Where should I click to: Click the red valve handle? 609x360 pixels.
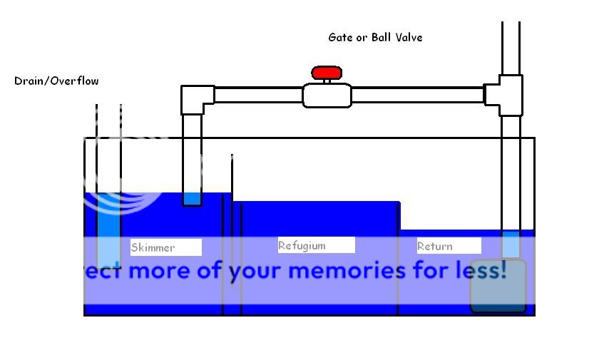click(327, 73)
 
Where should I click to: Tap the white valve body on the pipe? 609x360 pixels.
click(327, 96)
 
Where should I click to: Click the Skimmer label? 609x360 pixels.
click(165, 247)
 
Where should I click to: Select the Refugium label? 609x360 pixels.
click(316, 245)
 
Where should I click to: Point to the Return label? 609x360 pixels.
click(449, 246)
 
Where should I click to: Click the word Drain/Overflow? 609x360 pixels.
click(56, 81)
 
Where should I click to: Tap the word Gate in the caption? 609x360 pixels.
click(341, 37)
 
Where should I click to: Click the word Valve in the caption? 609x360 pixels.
click(409, 37)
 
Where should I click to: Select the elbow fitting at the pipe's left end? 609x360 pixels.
click(195, 99)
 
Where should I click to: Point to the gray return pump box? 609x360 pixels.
click(498, 287)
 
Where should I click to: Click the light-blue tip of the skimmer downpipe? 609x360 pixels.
click(192, 199)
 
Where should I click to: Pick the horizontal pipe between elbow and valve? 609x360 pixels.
click(257, 95)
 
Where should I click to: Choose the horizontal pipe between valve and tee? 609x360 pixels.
click(417, 95)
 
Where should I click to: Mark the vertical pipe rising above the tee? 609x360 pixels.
click(511, 47)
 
